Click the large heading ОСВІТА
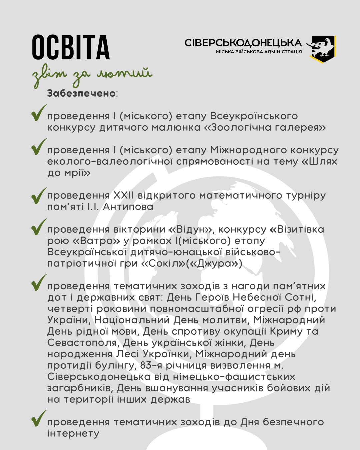click(71, 47)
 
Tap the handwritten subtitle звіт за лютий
click(92, 75)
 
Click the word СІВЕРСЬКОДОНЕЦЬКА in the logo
click(243, 43)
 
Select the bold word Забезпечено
click(81, 93)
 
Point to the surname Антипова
click(128, 207)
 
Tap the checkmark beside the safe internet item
click(38, 419)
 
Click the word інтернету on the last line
click(73, 433)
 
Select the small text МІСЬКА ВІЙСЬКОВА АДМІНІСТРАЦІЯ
click(259, 52)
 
